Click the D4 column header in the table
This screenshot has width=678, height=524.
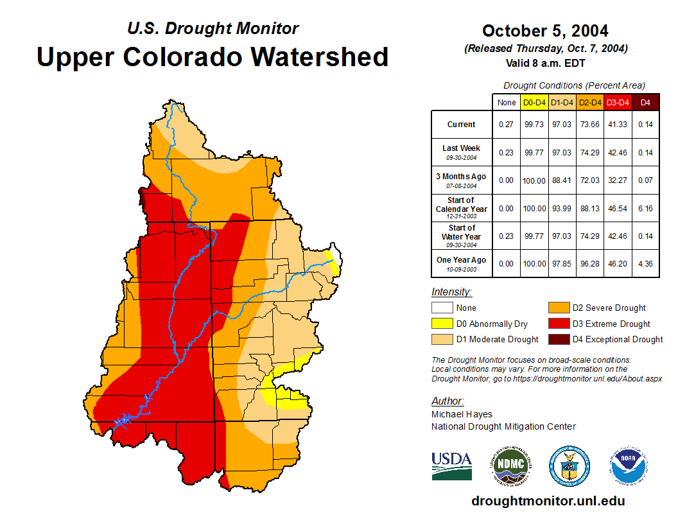tap(645, 102)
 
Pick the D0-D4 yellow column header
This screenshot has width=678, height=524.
tap(534, 102)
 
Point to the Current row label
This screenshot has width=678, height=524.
tap(462, 125)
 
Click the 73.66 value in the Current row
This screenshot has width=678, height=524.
tap(590, 125)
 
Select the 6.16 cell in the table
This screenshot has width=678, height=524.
tap(645, 208)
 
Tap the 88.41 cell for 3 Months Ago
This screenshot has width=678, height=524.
tap(562, 180)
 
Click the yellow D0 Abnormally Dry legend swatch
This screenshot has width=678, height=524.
tap(442, 324)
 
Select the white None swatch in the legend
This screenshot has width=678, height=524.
tap(442, 308)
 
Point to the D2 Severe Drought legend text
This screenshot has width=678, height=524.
tap(609, 308)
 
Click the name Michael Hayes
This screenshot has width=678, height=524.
tap(462, 415)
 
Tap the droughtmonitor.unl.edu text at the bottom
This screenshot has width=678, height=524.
tap(548, 501)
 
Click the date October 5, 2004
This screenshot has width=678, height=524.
tap(545, 31)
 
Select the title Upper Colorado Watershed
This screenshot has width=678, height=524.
tap(213, 57)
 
